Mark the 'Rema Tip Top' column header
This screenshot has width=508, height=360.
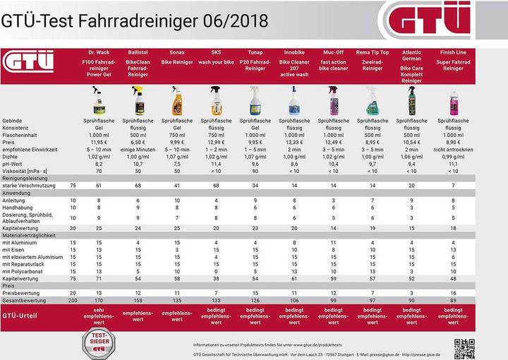click(x=371, y=53)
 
